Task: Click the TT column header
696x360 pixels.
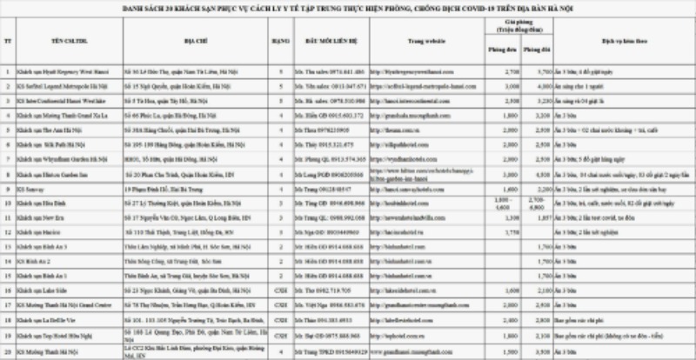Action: pos(8,39)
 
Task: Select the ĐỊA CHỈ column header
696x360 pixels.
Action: pos(177,39)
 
